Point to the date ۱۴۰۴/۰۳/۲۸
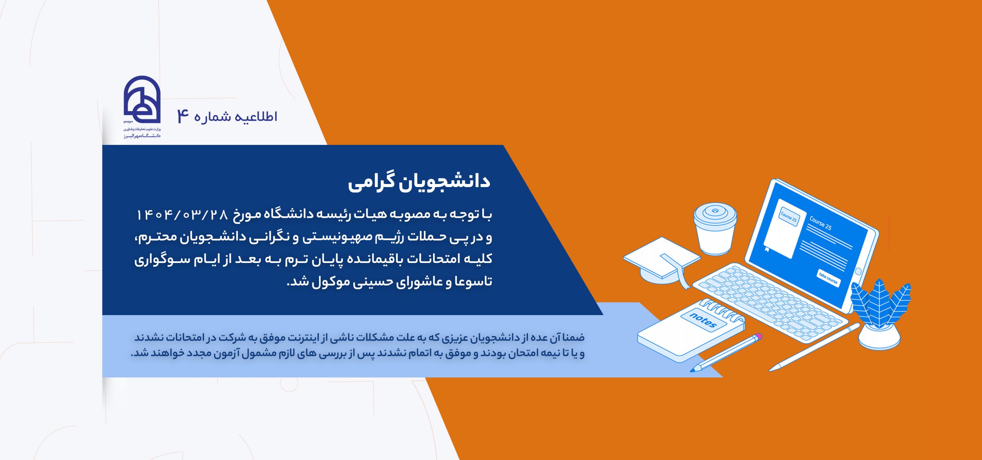click(x=182, y=214)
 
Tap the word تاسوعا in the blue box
click(x=473, y=282)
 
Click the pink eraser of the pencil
click(x=758, y=337)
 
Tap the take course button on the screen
click(x=829, y=278)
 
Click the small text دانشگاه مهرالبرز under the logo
click(x=142, y=136)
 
